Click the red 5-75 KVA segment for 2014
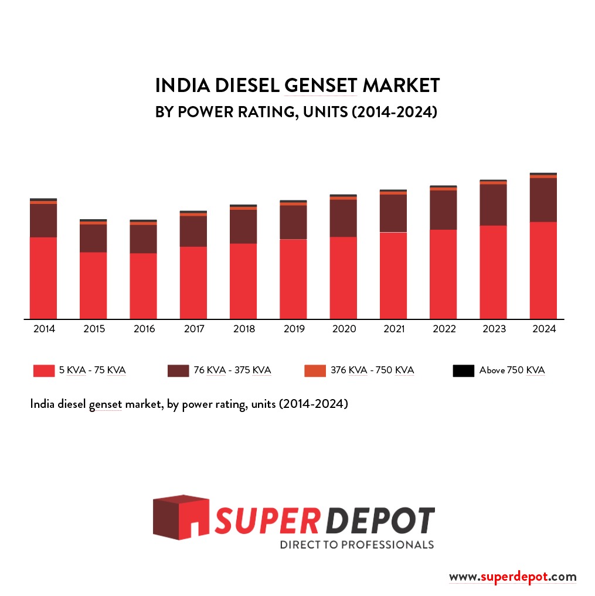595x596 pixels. tap(43, 278)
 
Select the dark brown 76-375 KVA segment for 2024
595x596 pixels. tap(543, 200)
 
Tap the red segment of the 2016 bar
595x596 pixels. tap(144, 286)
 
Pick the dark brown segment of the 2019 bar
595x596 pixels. tap(293, 222)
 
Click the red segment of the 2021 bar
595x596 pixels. tap(393, 275)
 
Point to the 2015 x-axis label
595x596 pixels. tap(94, 329)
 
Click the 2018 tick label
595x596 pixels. tap(244, 329)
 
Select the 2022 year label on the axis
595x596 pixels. tap(444, 329)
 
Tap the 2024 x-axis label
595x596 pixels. tap(543, 329)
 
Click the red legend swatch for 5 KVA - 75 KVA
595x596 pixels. tap(44, 370)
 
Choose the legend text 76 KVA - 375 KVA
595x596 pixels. tap(232, 370)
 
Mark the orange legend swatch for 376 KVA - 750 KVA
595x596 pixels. tap(315, 370)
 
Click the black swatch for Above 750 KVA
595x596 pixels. tap(463, 370)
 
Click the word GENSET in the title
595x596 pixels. tap(321, 86)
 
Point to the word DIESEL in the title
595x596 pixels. tap(247, 86)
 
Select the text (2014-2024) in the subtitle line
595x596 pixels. tap(395, 111)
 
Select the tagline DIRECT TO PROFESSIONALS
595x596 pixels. tap(356, 545)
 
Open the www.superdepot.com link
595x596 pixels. tap(512, 577)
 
